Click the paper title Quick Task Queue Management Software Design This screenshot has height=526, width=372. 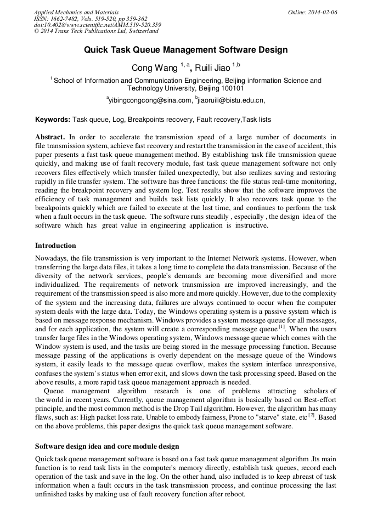185,50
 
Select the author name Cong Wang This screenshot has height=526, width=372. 154,67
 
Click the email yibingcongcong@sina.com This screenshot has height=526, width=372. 149,100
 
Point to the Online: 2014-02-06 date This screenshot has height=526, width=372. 312,12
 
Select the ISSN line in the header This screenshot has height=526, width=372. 90,18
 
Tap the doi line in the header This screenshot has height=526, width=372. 97,25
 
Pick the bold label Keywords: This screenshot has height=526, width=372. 53,119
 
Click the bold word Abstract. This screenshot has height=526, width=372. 50,137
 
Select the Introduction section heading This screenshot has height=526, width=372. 55,245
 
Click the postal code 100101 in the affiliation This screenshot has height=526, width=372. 233,88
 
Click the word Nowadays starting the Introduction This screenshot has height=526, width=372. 52,257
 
